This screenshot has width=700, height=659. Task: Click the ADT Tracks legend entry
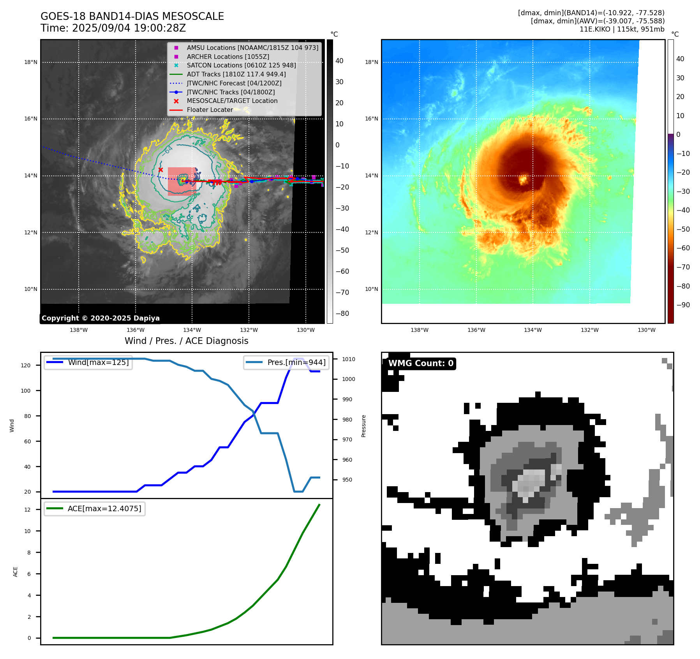tap(236, 74)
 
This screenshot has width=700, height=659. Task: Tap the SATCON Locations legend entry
tap(241, 66)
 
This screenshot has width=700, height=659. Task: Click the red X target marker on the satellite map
tap(160, 170)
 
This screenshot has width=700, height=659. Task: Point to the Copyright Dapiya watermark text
tap(101, 318)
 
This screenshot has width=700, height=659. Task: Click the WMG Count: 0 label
tap(421, 363)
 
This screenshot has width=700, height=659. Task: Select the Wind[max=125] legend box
tap(88, 363)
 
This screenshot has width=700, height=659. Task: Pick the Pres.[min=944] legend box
tap(286, 363)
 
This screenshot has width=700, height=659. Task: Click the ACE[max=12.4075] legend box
tap(95, 509)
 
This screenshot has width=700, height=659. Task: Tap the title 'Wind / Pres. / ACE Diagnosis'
tap(186, 341)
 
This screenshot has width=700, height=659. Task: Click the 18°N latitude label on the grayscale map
tap(31, 62)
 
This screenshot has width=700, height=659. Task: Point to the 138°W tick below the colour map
tap(419, 330)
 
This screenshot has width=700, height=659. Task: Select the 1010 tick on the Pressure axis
tap(349, 359)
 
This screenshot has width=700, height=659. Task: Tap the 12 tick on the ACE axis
tap(27, 510)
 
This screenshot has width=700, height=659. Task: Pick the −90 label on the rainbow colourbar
tap(683, 305)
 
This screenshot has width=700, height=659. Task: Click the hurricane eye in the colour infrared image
tap(523, 180)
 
